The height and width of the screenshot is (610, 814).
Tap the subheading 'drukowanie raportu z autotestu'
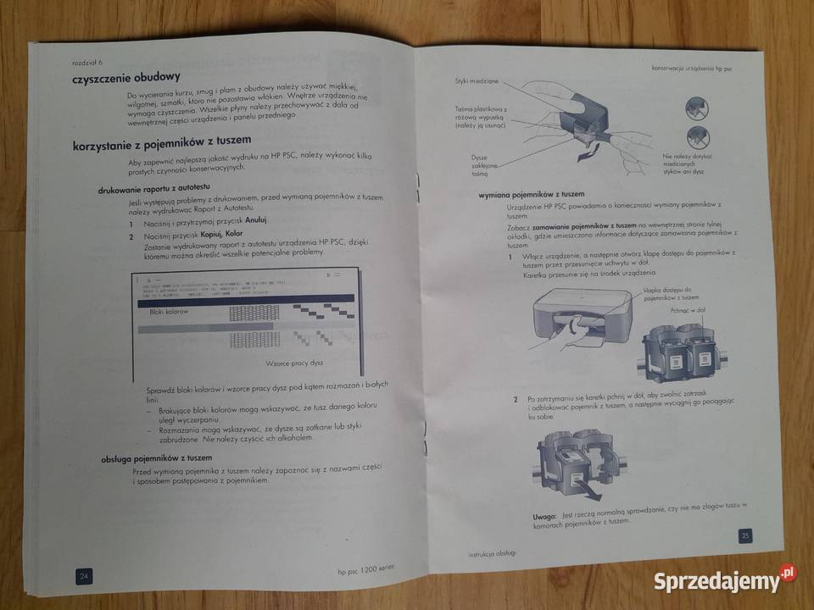coord(153,188)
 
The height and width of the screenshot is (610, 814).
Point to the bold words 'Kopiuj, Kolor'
coord(222,234)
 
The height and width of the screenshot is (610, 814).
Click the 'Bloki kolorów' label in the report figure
coord(169,313)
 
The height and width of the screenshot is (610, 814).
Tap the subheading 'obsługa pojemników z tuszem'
coord(157,458)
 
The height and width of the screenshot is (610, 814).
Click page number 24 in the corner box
coord(85,576)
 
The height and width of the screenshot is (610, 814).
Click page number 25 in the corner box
coord(744,535)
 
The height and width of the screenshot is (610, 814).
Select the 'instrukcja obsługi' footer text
coord(493,554)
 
